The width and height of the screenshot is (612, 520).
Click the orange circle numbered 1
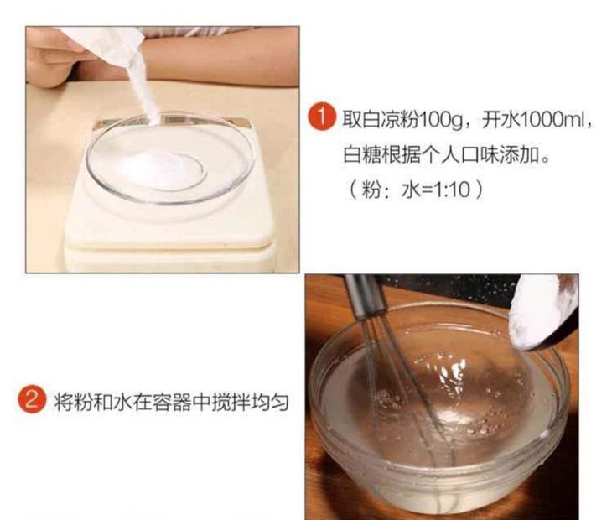pyautogui.click(x=322, y=117)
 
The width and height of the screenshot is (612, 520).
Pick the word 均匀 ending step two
pyautogui.click(x=269, y=402)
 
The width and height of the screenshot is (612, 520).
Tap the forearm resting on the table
pyautogui.click(x=219, y=59)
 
